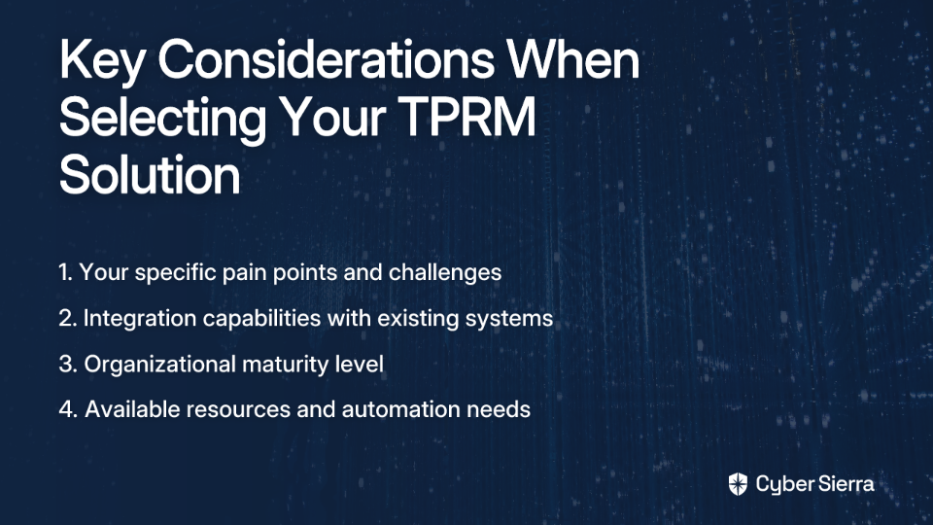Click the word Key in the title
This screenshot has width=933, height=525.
pyautogui.click(x=101, y=60)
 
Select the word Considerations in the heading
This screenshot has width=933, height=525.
pyautogui.click(x=326, y=59)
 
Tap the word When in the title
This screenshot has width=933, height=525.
pyautogui.click(x=573, y=59)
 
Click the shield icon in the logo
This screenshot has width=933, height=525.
pyautogui.click(x=738, y=484)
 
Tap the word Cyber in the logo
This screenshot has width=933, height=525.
pyautogui.click(x=781, y=484)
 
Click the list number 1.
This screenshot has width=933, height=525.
pyautogui.click(x=65, y=272)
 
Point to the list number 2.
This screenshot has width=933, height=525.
pyautogui.click(x=68, y=319)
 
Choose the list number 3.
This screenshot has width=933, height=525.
pyautogui.click(x=68, y=365)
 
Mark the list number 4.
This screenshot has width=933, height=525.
pyautogui.click(x=68, y=409)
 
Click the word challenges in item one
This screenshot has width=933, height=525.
pyautogui.click(x=444, y=273)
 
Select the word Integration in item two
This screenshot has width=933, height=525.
pyautogui.click(x=140, y=319)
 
